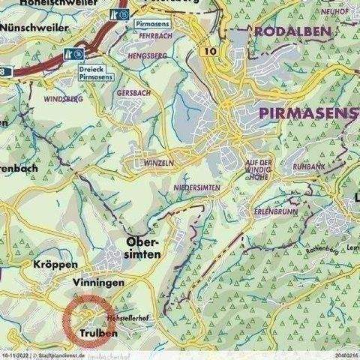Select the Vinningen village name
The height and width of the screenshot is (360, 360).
pyautogui.click(x=98, y=283)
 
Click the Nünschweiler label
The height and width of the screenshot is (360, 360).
pyautogui.click(x=36, y=25)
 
